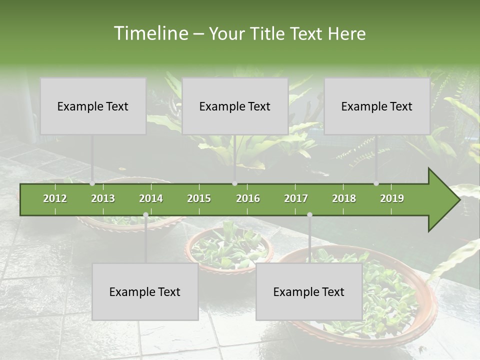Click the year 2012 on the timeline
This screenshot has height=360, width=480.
click(55, 198)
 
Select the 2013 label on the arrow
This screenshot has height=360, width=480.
click(103, 198)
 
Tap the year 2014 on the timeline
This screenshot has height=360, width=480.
click(151, 198)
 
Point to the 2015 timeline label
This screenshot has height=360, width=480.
click(199, 198)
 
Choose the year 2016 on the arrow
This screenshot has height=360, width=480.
click(248, 198)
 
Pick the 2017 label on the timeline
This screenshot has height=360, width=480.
click(296, 198)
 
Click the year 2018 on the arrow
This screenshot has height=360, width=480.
click(344, 198)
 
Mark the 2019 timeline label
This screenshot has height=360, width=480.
click(392, 198)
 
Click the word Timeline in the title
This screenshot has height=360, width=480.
click(149, 33)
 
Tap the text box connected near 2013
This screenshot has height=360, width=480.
click(93, 106)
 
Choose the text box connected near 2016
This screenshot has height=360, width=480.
click(235, 106)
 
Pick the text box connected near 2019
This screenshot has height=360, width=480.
click(377, 106)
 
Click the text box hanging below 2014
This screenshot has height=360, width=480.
click(145, 291)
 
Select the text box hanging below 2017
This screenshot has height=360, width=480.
click(309, 291)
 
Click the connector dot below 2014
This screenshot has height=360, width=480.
click(145, 214)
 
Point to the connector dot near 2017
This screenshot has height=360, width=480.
click(309, 214)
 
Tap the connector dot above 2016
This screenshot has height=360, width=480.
click(234, 183)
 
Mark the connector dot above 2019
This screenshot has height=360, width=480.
click(376, 183)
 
